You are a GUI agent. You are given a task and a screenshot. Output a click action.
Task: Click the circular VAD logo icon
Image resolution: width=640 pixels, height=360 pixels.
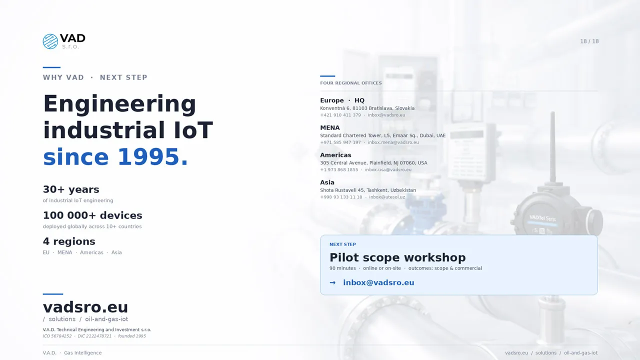(x=50, y=41)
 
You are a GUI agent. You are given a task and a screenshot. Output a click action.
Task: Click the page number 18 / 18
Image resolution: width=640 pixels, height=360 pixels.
(x=589, y=41)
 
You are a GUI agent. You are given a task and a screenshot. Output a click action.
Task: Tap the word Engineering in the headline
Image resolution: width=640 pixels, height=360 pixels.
(x=119, y=104)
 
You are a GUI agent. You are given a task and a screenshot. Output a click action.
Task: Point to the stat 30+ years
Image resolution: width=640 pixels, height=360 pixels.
(x=71, y=189)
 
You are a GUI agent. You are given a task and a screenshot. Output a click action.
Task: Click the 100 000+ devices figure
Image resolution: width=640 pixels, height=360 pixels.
(x=92, y=215)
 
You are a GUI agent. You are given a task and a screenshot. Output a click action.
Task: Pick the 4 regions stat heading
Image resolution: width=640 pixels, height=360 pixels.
(x=69, y=241)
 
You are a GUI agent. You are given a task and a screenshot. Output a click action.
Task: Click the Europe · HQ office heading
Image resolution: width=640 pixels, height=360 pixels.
(x=342, y=100)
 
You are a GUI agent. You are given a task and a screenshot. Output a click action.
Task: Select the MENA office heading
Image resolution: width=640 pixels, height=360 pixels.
(x=330, y=128)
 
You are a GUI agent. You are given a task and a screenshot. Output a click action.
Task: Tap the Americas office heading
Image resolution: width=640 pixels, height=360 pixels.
(x=335, y=155)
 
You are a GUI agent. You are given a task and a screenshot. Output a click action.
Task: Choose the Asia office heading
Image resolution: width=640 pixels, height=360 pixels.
(x=327, y=182)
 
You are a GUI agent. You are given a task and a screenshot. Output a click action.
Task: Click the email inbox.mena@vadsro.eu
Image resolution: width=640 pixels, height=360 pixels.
(x=393, y=142)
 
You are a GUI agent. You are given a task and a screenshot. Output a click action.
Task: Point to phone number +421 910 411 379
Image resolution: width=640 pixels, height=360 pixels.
(x=340, y=115)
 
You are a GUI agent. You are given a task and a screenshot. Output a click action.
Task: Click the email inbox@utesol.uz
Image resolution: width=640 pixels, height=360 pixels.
(x=387, y=197)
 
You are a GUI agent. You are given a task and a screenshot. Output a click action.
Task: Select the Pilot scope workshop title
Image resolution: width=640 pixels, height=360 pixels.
(x=397, y=257)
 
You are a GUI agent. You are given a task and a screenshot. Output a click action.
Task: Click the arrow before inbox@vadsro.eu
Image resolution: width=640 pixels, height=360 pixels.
(x=332, y=283)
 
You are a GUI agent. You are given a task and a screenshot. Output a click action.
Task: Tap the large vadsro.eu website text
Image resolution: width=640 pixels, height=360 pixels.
(x=85, y=307)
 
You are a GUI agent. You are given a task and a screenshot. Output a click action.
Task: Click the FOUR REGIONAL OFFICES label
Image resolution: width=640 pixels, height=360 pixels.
(x=350, y=83)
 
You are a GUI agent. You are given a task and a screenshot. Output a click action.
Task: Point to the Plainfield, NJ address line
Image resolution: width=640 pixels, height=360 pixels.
(x=373, y=163)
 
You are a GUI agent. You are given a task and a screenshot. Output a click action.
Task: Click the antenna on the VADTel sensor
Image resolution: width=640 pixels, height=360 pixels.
(x=552, y=145)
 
